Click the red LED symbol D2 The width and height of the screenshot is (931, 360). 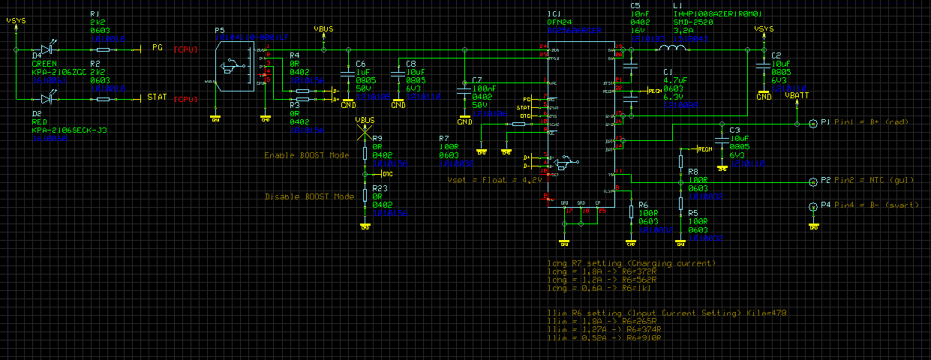point(48,97)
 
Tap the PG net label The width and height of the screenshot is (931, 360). point(158,48)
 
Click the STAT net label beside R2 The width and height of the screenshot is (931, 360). point(158,97)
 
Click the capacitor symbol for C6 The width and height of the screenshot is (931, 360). point(347,74)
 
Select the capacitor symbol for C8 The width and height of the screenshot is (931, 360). point(398,74)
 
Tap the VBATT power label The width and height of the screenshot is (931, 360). point(796,95)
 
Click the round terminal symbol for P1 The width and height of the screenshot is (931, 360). point(812,122)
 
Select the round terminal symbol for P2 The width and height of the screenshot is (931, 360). point(812,181)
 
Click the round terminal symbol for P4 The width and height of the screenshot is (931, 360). point(812,205)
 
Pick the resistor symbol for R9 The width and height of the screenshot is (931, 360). point(365,154)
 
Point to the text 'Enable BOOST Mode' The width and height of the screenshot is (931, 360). point(306,155)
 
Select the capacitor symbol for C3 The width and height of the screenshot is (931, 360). point(722,140)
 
